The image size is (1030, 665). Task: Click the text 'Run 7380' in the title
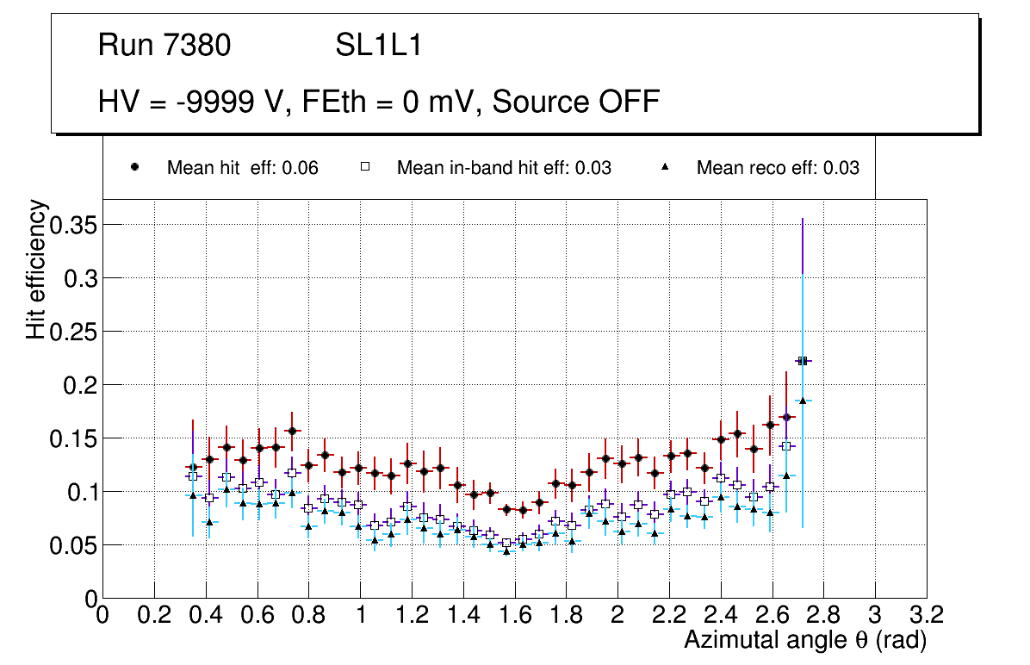pos(164,46)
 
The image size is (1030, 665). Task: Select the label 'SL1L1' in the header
pos(379,46)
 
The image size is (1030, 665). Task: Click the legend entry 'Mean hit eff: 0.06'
pos(242,168)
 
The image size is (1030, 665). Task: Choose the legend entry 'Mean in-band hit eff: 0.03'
pos(504,168)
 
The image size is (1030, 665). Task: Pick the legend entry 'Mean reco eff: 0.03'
pos(777,168)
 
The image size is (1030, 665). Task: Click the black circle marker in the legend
pos(135,167)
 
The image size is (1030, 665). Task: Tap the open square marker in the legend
pos(365,167)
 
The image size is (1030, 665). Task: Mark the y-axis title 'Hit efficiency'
pos(36,269)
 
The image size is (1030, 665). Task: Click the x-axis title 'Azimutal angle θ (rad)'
pos(805,640)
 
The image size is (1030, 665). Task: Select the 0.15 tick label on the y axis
pos(74,438)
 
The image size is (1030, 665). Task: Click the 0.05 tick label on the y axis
pos(74,545)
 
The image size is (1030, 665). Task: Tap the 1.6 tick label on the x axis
pos(514,615)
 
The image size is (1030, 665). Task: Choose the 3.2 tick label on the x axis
pos(926,615)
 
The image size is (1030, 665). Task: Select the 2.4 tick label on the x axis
pos(720,615)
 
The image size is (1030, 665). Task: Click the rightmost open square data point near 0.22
pos(803,361)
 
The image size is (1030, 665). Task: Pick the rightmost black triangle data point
pos(803,401)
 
